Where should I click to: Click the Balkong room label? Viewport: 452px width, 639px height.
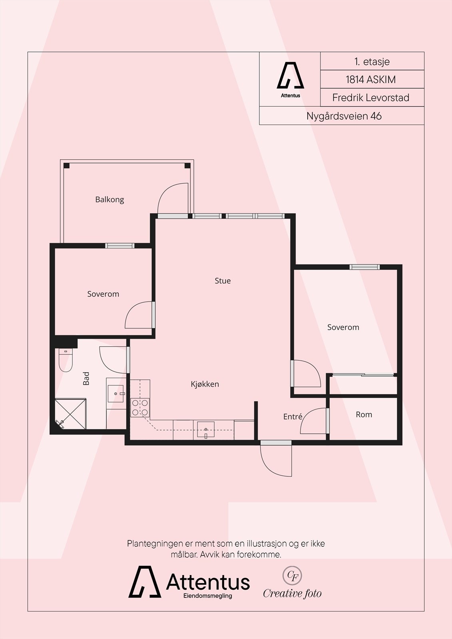[110, 199]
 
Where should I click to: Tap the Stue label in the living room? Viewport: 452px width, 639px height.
[223, 281]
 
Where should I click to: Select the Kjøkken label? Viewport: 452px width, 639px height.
[205, 384]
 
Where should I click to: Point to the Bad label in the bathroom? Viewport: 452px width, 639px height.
[86, 378]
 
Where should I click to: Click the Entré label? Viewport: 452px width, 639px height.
[293, 417]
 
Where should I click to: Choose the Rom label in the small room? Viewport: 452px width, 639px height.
[364, 415]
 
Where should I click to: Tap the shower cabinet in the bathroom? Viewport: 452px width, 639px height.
[70, 414]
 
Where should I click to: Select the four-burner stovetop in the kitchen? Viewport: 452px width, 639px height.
[140, 407]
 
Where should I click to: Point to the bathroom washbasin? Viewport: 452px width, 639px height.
[115, 394]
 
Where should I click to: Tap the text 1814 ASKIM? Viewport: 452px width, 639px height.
[370, 79]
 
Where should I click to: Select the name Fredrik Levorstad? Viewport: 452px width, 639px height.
[370, 98]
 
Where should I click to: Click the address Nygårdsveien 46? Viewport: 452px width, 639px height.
[344, 116]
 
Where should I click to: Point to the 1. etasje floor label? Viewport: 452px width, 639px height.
[372, 62]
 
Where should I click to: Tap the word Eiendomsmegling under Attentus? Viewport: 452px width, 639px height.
[207, 596]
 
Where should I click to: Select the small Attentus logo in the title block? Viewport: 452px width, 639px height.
[291, 80]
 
